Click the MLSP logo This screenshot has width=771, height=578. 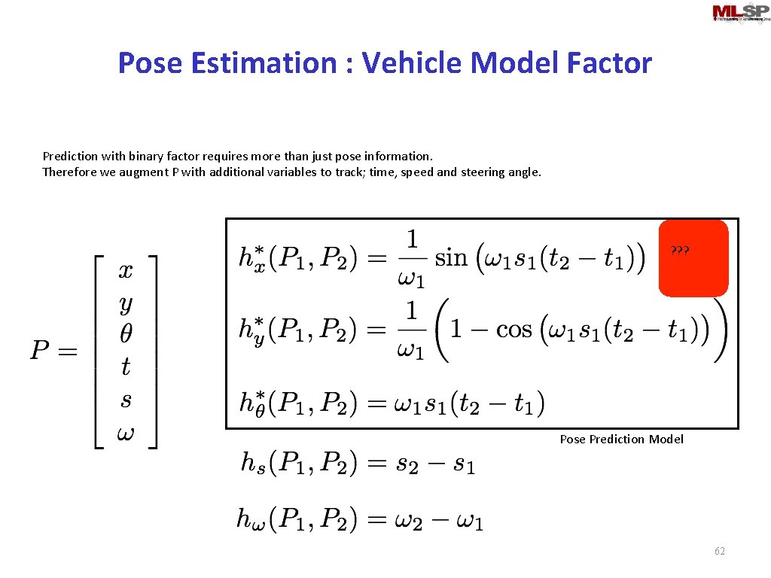click(x=741, y=13)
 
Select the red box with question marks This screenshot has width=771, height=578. click(x=693, y=257)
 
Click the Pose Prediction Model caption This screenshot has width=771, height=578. click(x=621, y=439)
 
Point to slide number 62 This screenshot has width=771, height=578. click(x=720, y=552)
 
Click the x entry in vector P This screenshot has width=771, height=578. click(x=126, y=271)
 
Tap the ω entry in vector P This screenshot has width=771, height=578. click(x=126, y=433)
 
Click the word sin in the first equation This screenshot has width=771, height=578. click(x=451, y=259)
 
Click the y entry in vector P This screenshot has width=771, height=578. click(x=126, y=304)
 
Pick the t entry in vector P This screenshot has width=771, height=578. click(x=126, y=367)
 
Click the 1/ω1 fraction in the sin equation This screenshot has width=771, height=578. click(x=412, y=258)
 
